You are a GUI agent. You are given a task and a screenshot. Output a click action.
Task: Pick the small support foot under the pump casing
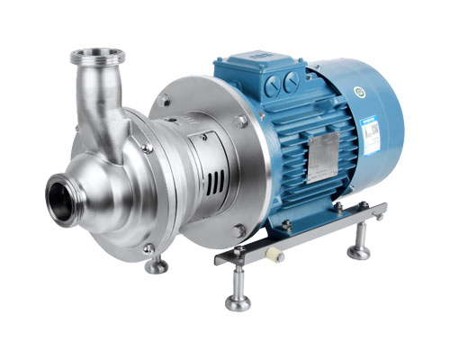pos(157,265)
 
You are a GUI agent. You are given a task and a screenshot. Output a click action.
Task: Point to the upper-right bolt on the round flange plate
pos(240,121)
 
